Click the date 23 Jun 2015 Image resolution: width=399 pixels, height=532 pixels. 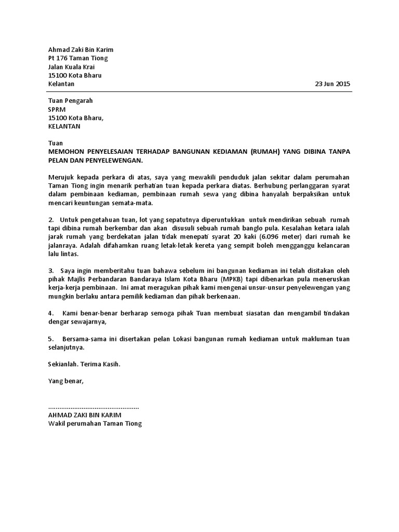332,84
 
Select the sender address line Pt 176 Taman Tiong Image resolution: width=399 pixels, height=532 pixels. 78,58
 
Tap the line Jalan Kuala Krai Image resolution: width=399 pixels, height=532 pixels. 71,67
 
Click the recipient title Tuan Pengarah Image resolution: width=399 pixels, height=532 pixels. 70,101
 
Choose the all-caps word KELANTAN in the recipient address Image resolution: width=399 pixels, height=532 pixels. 64,126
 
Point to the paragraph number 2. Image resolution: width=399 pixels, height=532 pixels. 50,220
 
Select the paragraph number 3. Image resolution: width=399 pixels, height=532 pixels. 50,271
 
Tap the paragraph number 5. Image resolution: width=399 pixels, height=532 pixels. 50,339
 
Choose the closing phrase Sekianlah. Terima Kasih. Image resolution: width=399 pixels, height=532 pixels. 84,364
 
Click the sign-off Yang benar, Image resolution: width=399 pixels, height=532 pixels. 65,381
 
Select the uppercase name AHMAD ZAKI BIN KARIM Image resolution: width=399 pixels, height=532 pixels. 84,415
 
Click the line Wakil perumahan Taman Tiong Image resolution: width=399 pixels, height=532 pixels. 95,423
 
